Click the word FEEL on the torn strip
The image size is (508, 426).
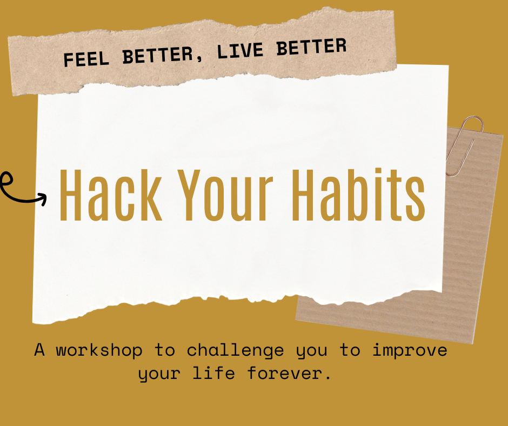click(86, 59)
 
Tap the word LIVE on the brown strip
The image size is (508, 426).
click(240, 51)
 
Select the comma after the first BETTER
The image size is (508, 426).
click(199, 59)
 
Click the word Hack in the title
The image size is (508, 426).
click(111, 196)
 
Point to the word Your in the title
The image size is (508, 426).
click(225, 196)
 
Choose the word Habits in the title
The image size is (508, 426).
click(359, 195)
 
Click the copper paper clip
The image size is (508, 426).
click(464, 146)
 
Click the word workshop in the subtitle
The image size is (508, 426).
click(99, 350)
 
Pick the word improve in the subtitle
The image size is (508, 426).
click(410, 351)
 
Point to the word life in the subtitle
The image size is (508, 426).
click(214, 373)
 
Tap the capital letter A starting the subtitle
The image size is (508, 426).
click(39, 350)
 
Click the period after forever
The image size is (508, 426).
click(328, 378)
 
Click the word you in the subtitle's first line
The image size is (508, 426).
click(311, 352)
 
